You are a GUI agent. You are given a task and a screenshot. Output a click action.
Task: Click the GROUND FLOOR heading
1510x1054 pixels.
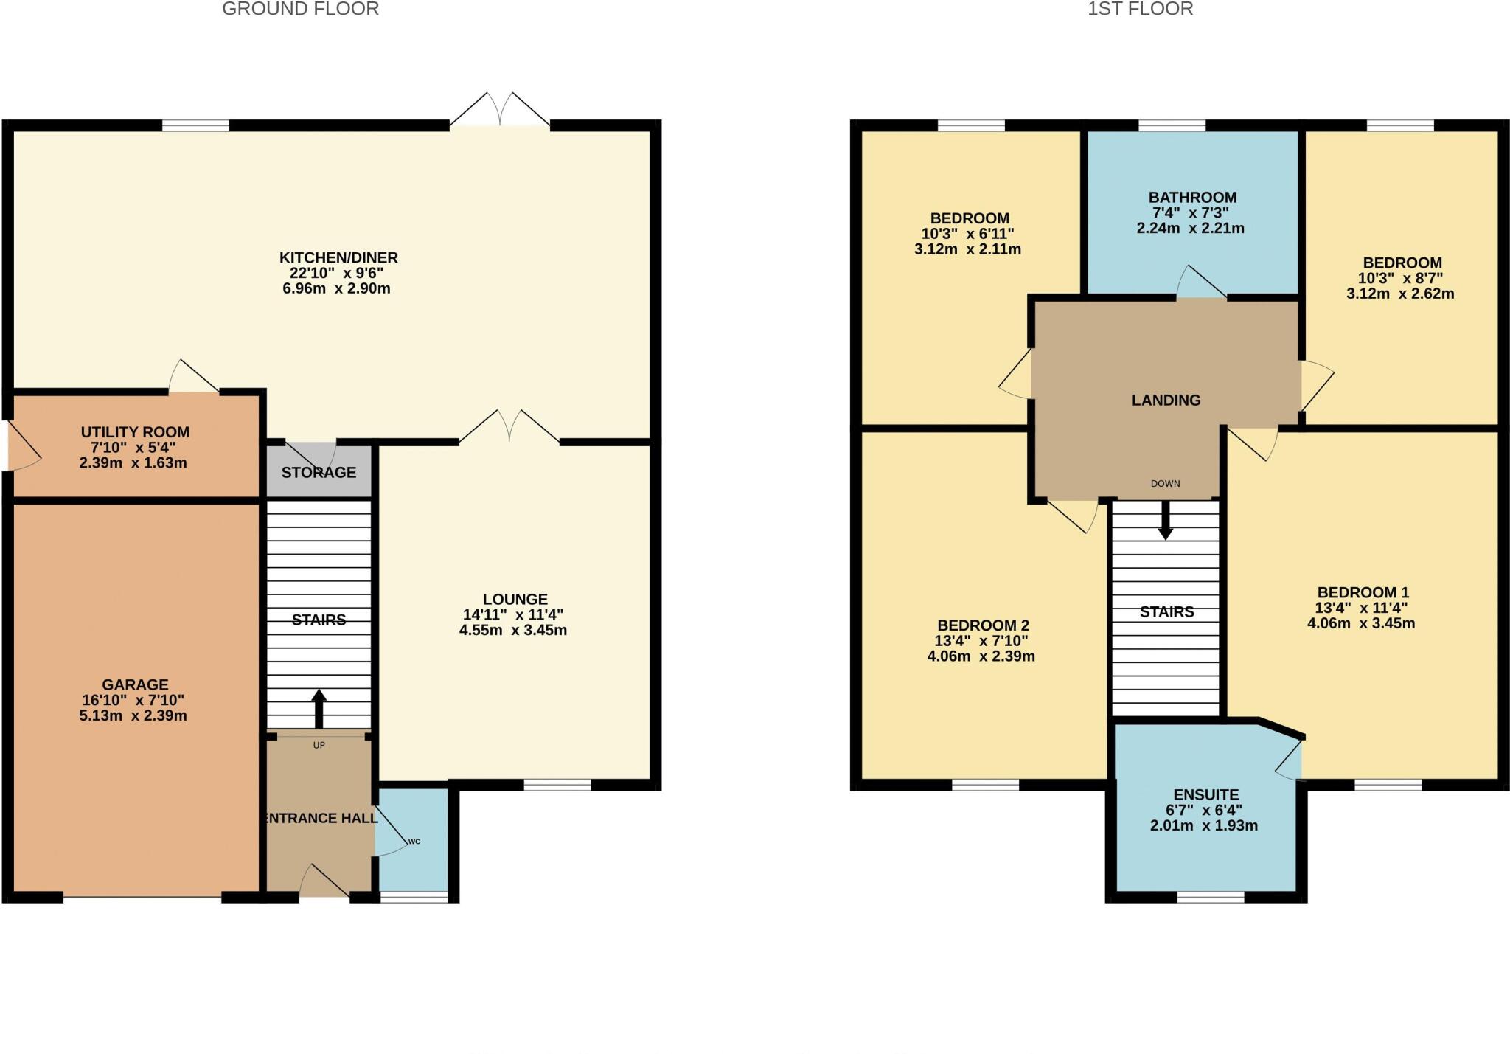tap(300, 10)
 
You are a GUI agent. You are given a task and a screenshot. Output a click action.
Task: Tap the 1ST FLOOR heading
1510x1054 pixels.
tap(1140, 10)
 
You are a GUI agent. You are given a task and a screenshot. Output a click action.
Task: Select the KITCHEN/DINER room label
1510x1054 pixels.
tap(338, 257)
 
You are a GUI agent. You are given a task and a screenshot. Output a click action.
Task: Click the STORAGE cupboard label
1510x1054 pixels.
tap(319, 472)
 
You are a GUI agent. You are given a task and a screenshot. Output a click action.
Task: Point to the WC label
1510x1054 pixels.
tap(414, 841)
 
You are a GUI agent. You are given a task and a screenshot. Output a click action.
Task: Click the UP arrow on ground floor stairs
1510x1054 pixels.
tap(319, 709)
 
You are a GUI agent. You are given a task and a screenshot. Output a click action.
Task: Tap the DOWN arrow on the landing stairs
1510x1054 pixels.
tap(1165, 520)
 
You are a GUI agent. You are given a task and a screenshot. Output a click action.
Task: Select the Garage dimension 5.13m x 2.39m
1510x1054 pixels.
tap(133, 715)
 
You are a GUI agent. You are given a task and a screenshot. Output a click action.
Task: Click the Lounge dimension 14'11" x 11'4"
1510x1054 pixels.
tap(513, 614)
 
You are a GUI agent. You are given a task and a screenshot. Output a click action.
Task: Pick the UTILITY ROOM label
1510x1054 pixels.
tap(135, 432)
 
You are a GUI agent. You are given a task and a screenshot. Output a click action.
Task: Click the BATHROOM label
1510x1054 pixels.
tap(1192, 197)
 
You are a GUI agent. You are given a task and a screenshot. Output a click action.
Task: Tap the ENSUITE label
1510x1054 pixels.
tap(1205, 794)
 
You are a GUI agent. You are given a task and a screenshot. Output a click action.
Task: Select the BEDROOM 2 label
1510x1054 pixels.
tap(983, 625)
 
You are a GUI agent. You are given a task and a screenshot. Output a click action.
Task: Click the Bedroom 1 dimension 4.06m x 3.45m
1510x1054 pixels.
tap(1361, 623)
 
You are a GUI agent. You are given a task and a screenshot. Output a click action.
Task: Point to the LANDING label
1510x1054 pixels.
tap(1166, 400)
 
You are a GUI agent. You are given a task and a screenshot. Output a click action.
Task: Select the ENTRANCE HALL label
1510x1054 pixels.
tap(321, 817)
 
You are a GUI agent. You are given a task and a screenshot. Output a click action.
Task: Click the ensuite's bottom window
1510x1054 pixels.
tap(1210, 897)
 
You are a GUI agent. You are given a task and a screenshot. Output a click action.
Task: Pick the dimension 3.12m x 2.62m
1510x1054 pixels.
tap(1400, 294)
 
